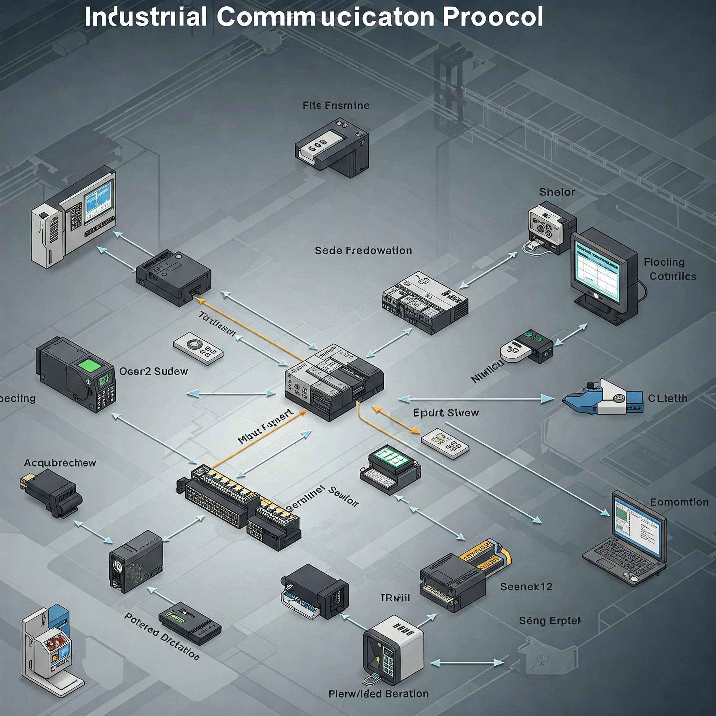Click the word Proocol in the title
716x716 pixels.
tap(493, 17)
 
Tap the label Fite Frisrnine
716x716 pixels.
tap(336, 106)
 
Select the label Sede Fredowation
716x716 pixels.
tap(363, 251)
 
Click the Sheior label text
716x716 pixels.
tap(557, 192)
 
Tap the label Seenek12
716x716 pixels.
tap(526, 587)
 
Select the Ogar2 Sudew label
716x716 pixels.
tap(153, 371)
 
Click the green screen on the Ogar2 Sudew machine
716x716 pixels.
tap(89, 365)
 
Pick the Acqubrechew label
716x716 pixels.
tap(60, 463)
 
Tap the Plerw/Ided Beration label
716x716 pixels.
tap(378, 694)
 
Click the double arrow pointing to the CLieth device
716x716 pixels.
tap(476, 399)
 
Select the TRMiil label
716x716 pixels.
tap(395, 598)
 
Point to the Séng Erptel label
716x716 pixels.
tap(550, 621)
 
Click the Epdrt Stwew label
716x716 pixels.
tap(446, 413)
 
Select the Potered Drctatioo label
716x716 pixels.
tap(162, 636)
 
